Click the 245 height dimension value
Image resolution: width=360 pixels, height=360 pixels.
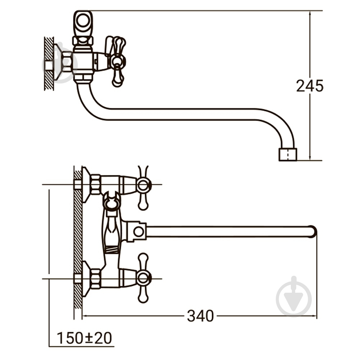[310, 86]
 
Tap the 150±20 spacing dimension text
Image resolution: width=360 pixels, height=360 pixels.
[84, 338]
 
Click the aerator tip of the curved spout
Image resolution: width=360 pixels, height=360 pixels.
[288, 154]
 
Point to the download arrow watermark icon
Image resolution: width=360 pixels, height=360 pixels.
[294, 297]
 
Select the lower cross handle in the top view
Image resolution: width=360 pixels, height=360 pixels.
[143, 278]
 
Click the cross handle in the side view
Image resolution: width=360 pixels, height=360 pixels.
[117, 61]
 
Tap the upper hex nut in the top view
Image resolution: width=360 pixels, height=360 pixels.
[95, 184]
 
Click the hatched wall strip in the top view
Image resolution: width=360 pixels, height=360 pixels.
[78, 238]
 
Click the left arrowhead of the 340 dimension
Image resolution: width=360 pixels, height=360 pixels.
[85, 316]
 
